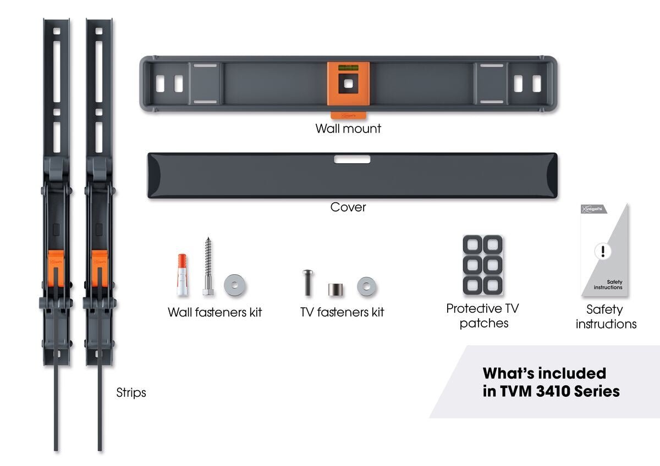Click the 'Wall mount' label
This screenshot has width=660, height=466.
point(348,129)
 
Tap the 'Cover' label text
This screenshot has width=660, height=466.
point(348,207)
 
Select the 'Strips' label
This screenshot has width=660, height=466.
point(131,392)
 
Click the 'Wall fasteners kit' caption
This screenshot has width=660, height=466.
point(215,312)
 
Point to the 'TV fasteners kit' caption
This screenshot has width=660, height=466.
point(342,312)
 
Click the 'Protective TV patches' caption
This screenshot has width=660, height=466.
point(482,316)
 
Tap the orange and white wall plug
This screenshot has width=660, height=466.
point(182,274)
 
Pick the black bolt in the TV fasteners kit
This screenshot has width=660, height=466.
point(307,282)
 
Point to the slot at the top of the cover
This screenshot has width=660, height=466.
point(352,159)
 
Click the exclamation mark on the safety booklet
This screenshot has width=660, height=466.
point(603,252)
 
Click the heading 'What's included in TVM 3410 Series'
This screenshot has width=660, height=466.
point(551,382)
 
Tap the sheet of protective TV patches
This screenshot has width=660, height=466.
point(482,265)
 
